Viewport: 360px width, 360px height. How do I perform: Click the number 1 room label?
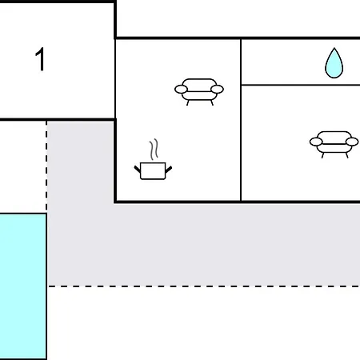[40, 59]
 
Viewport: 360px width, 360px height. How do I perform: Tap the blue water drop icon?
[334, 64]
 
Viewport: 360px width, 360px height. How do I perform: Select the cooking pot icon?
[153, 170]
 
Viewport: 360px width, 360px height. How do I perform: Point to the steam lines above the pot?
[154, 150]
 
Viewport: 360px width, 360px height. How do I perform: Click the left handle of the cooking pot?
[137, 169]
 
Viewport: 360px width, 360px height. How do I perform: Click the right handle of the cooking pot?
[169, 169]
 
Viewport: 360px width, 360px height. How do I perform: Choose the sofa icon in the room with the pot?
[199, 92]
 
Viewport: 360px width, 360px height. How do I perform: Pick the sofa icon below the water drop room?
[334, 144]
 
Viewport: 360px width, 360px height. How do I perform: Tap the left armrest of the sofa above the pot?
[181, 90]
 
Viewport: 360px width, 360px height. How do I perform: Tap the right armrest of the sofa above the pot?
[217, 90]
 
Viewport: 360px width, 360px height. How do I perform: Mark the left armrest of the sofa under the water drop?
[316, 142]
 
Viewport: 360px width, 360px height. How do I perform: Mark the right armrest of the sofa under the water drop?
[352, 142]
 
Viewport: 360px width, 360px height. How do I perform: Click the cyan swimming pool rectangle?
[23, 286]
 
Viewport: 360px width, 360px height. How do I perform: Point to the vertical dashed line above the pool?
[46, 166]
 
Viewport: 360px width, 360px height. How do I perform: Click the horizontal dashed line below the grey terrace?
[204, 286]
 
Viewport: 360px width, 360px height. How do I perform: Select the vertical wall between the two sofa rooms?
[241, 120]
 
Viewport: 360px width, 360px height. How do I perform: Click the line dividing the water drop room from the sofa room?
[301, 85]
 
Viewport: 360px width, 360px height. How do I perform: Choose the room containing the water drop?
[301, 62]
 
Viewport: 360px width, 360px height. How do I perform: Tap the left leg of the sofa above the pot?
[188, 103]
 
